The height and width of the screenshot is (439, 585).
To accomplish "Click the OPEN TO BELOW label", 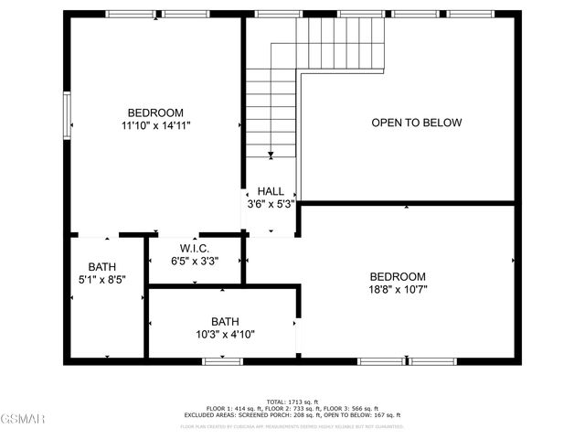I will point(416,123).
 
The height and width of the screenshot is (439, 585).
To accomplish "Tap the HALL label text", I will point(270,191).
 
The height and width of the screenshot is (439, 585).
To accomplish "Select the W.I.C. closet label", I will point(195,248).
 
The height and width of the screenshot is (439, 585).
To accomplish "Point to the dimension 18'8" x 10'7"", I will point(398,289).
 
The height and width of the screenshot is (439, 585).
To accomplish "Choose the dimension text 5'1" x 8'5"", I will point(101,279).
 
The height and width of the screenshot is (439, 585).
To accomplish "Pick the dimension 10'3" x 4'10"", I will point(224,335).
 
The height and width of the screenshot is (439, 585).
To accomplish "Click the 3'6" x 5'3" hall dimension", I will point(270,204).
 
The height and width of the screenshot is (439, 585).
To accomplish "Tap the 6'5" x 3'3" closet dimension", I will point(195,261).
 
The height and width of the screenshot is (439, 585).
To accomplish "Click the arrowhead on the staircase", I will point(271,155).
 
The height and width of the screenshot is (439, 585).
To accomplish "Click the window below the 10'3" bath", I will point(222,361).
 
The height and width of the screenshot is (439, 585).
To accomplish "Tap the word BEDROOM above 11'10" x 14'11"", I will point(155,112).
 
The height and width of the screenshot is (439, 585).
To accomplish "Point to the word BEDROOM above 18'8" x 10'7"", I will point(398,276).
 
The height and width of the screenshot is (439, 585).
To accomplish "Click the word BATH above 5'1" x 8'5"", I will point(101,266).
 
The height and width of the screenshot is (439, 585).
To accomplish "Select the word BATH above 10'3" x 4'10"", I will point(224,322).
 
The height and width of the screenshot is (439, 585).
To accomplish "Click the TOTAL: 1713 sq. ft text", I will point(292,402).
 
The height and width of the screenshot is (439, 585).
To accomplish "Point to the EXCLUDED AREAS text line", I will point(292,414).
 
